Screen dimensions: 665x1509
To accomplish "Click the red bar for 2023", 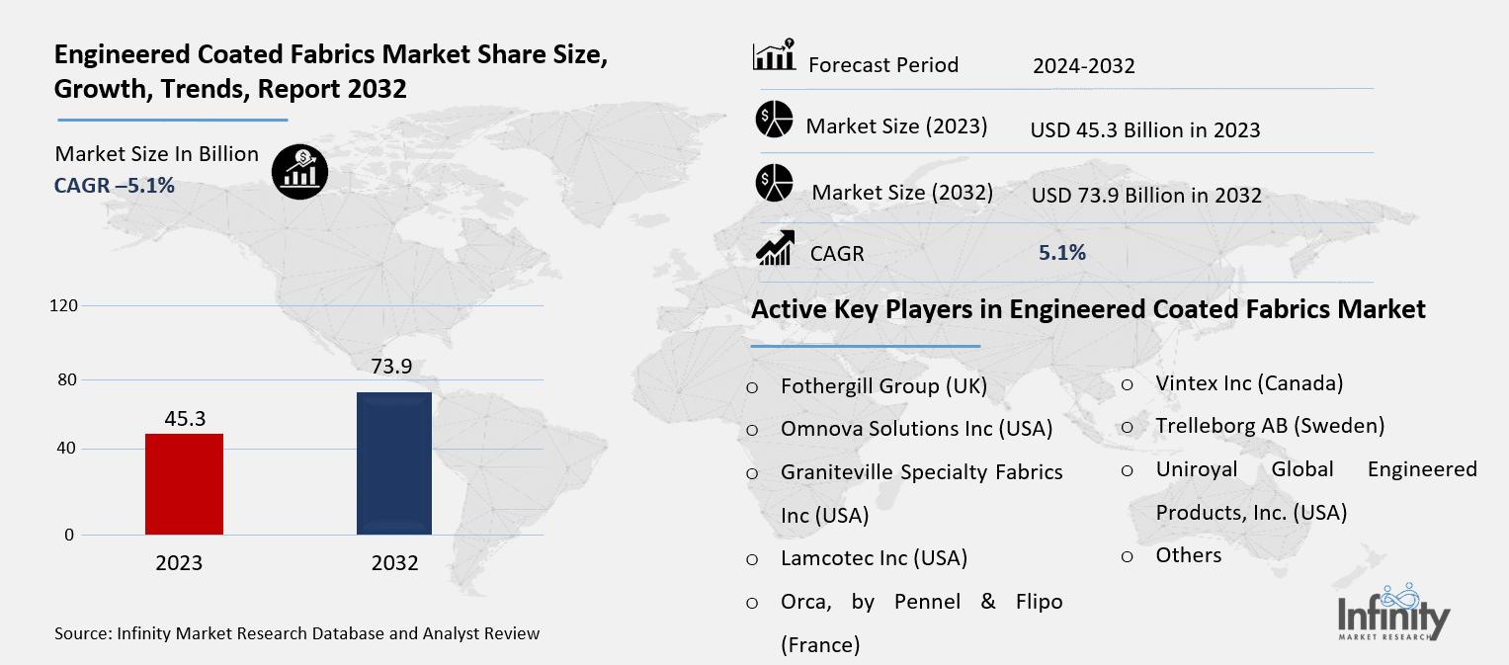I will click(184, 484).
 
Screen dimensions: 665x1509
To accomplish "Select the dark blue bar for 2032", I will click(393, 463).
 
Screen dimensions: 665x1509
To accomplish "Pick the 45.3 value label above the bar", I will click(185, 419).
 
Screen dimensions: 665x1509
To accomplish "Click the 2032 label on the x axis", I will click(394, 563).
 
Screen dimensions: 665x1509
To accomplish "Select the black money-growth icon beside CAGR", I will click(299, 172).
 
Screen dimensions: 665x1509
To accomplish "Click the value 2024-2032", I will click(1083, 66).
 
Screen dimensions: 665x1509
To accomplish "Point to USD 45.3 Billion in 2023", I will click(1144, 129).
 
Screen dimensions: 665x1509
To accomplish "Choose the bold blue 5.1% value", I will click(1061, 253).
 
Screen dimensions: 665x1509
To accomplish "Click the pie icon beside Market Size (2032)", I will click(775, 183).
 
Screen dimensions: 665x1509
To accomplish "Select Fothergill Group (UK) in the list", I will click(883, 386).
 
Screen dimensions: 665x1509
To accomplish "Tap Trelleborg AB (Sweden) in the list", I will click(1270, 426).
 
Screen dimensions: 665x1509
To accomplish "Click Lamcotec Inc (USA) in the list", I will click(874, 557).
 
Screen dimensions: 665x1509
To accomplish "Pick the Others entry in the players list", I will click(1188, 555).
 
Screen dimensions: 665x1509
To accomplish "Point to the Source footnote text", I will click(296, 633).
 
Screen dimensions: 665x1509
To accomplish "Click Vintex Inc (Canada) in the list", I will click(1249, 383).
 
